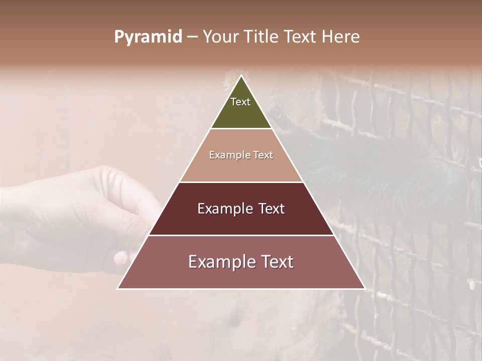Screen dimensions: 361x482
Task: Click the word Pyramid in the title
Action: pyautogui.click(x=148, y=37)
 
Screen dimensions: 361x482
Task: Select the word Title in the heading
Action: pyautogui.click(x=262, y=37)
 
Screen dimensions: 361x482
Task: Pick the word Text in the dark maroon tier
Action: pyautogui.click(x=272, y=209)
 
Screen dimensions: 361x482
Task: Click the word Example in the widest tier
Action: pyautogui.click(x=221, y=262)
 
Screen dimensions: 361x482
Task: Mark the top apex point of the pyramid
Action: pyautogui.click(x=242, y=76)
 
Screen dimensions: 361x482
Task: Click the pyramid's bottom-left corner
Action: pyautogui.click(x=118, y=288)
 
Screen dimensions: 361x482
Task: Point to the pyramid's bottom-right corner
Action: pyautogui.click(x=365, y=288)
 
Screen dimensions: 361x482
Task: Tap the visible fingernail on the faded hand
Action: pyautogui.click(x=120, y=258)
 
